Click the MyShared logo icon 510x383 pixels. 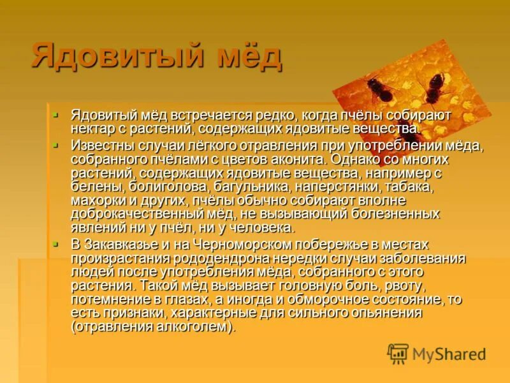coord(398,354)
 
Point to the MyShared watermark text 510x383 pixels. coord(449,354)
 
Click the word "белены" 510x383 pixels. coord(95,186)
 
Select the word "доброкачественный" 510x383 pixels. coord(150,214)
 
